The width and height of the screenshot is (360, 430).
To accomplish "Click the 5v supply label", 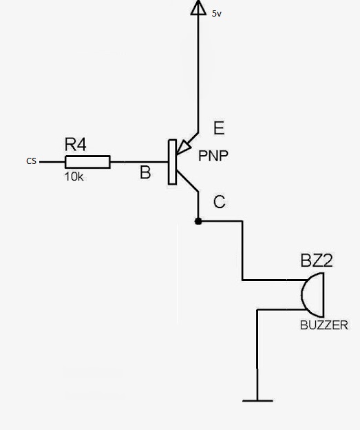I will point(217,13).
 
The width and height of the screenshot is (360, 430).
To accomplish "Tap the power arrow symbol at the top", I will point(198,8).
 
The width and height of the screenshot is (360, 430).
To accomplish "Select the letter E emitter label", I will point(219,128).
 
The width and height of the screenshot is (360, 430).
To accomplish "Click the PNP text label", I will point(213,156).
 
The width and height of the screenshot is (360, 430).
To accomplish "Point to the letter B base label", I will point(145,172).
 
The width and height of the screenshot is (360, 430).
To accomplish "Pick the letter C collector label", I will point(219,202).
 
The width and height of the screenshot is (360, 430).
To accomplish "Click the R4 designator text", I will point(75,145).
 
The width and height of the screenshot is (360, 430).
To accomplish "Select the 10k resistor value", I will point(74,176).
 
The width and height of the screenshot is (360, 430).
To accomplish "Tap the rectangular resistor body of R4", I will point(87,162).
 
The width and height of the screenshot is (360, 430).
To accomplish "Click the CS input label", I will point(31,161).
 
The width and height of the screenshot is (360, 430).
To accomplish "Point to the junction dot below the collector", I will point(198,221).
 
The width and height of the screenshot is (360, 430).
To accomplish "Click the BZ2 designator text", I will point(316,260).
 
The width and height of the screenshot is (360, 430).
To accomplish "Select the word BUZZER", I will point(324,325).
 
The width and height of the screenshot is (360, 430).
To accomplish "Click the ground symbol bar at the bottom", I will point(257,400).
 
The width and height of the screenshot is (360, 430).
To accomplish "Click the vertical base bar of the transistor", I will point(171,162).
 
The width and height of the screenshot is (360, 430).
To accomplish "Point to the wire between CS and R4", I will point(52,162).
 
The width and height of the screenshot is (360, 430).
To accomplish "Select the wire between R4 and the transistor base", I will point(138,162).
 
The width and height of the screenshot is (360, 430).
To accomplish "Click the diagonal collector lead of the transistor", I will point(187,180).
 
